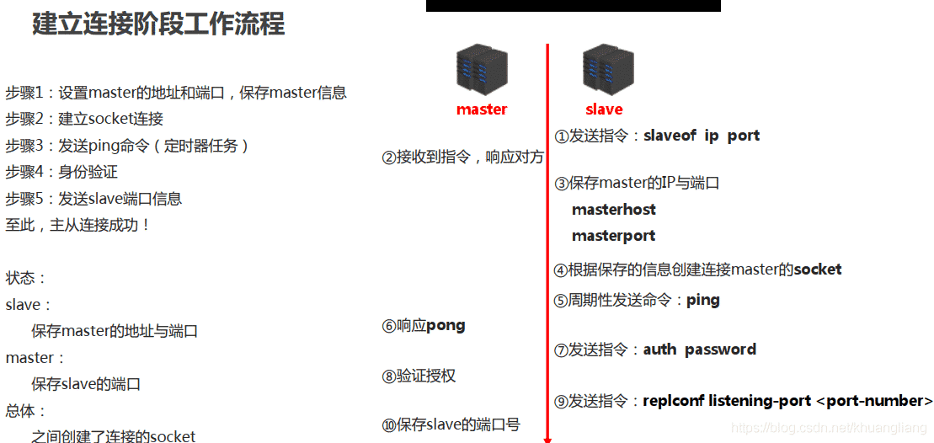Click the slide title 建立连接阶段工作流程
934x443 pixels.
[158, 24]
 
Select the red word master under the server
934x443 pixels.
[482, 109]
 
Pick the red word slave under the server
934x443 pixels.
[604, 109]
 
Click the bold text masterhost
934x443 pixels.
[613, 210]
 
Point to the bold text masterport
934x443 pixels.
[613, 236]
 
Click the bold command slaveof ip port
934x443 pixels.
[701, 136]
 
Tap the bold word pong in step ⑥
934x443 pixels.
[446, 326]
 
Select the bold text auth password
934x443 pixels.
[699, 350]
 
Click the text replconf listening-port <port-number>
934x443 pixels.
[787, 401]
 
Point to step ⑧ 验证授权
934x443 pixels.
[419, 376]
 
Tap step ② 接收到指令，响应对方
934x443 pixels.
[462, 157]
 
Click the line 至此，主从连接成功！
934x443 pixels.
[77, 225]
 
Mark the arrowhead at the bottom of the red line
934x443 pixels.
[547, 437]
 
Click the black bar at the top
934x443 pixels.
[573, 5]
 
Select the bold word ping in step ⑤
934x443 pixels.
[702, 300]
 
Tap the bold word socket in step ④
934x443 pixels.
[817, 270]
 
